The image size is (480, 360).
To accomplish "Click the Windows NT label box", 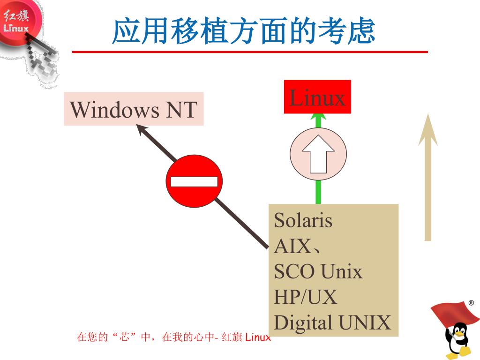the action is tap(134, 109).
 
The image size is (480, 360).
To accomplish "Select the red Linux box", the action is tap(317, 97).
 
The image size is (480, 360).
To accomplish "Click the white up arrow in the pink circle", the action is tap(318, 153).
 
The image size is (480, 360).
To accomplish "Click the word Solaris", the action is tap(303, 220).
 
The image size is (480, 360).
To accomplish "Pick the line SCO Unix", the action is tap(318, 271).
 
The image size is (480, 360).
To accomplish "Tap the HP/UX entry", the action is tap(305, 297).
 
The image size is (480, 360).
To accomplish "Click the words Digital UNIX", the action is tap(332, 323).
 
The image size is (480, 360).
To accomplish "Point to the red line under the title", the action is tap(249, 52).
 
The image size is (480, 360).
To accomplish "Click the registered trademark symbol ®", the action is tap(471, 303).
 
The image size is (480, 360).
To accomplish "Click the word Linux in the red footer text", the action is tap(258, 337).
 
